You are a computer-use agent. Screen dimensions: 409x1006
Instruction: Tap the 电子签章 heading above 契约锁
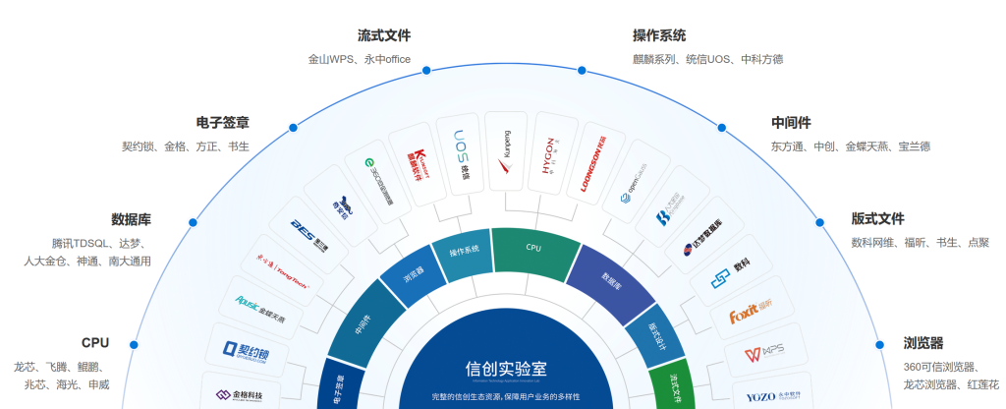coord(222,123)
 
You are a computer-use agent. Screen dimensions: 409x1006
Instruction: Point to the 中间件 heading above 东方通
coord(791,123)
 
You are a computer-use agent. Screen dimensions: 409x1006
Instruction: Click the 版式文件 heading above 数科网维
coord(877,218)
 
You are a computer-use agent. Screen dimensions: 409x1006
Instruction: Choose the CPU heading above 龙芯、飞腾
coord(95,342)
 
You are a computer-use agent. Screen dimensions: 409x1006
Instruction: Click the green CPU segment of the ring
coord(533,250)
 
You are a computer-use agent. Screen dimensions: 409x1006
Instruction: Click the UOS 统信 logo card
coord(459,156)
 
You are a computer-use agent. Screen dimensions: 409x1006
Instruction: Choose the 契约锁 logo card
coord(243,350)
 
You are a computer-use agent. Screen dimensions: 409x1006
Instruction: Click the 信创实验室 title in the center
coord(505,369)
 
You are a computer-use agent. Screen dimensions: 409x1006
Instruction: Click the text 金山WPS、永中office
coord(359,59)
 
